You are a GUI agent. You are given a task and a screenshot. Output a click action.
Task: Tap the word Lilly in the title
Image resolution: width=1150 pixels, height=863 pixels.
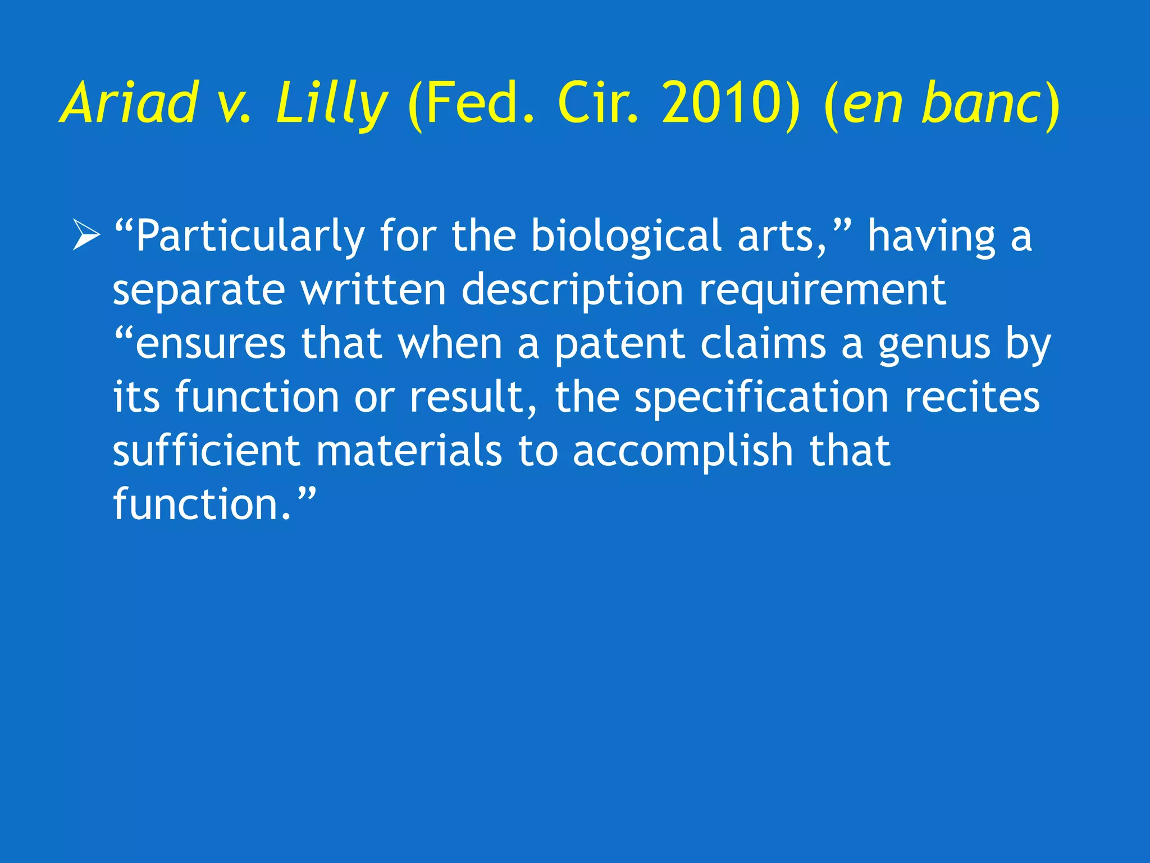(331, 104)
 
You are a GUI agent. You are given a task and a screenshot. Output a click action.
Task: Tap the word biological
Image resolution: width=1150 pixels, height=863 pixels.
(626, 236)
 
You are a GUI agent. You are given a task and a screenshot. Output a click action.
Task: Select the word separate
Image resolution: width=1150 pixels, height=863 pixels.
(198, 290)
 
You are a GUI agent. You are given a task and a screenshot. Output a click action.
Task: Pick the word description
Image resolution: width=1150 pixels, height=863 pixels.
(572, 290)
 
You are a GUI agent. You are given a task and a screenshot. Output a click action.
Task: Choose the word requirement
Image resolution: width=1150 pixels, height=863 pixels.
(823, 290)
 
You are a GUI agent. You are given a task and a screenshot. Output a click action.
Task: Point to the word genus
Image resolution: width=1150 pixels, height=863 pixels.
(934, 344)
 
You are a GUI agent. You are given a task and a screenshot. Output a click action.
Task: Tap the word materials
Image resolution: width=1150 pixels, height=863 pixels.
(409, 451)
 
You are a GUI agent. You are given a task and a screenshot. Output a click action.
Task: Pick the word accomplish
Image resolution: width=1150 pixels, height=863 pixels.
(683, 451)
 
